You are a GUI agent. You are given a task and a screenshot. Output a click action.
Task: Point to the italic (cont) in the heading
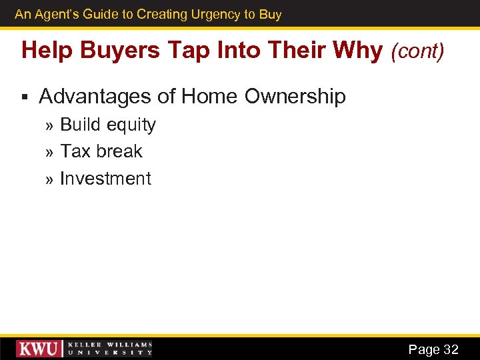click(417, 51)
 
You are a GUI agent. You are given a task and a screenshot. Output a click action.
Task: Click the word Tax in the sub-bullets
click(75, 151)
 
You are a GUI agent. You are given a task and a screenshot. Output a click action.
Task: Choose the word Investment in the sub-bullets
click(105, 179)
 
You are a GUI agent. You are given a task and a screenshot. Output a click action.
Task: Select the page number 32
click(451, 349)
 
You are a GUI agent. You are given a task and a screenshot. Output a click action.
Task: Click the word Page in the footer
click(423, 349)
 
